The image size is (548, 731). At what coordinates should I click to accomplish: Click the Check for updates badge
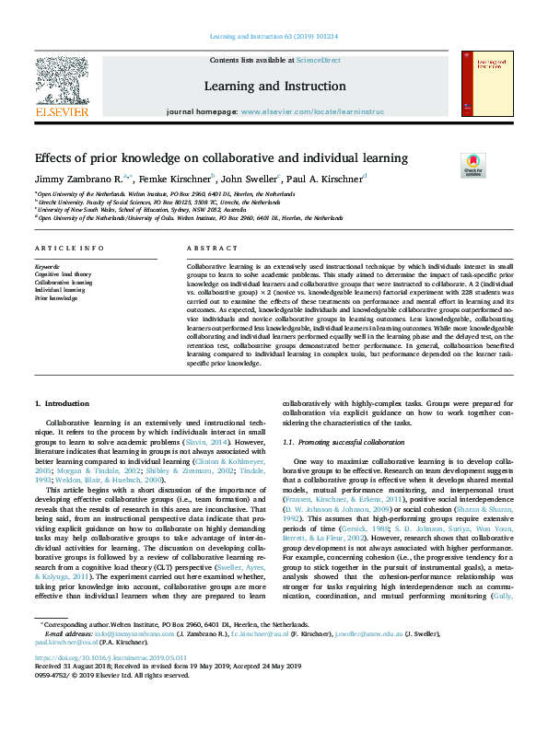pos(472,166)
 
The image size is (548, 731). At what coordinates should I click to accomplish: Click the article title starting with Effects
pos(207,158)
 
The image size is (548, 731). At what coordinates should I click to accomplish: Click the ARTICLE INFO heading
pos(69,249)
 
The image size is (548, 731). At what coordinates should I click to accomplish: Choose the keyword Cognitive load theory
pos(64,273)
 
